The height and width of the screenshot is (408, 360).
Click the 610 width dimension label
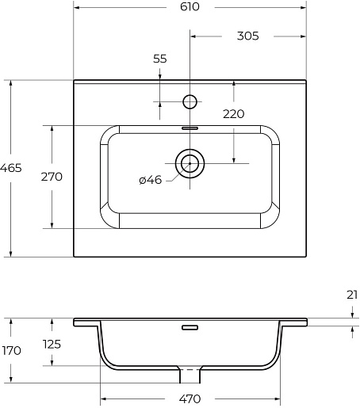pyautogui.click(x=190, y=7)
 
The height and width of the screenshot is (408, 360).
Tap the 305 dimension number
pyautogui.click(x=247, y=36)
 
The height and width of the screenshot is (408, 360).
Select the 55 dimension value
pyautogui.click(x=160, y=59)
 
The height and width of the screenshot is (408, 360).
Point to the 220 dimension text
pyautogui.click(x=234, y=114)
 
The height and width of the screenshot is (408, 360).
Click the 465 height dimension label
pyautogui.click(x=11, y=168)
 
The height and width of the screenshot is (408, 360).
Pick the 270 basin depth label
pyautogui.click(x=52, y=177)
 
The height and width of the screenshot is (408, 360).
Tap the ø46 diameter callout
pyautogui.click(x=151, y=180)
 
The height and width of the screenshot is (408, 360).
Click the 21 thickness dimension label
pyautogui.click(x=352, y=295)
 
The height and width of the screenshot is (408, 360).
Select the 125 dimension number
pyautogui.click(x=52, y=344)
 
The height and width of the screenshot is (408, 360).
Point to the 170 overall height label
pyautogui.click(x=11, y=351)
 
